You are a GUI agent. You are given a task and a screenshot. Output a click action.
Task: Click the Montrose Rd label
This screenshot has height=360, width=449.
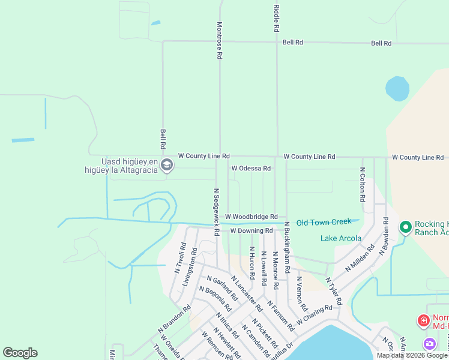220,40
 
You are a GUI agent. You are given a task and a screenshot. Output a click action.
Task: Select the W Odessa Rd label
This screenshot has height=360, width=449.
251,169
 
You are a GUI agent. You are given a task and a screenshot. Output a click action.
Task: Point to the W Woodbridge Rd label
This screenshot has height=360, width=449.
251,217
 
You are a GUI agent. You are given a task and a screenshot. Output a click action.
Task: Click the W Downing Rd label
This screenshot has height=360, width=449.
251,230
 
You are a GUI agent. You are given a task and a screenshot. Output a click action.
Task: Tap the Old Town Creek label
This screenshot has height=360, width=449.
324,222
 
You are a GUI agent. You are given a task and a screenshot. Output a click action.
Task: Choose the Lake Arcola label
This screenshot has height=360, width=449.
341,238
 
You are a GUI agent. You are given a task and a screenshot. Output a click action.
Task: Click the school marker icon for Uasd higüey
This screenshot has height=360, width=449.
167,165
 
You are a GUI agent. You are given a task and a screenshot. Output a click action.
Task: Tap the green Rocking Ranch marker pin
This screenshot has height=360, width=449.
406,227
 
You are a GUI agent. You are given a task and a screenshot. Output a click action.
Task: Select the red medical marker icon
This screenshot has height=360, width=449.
424,321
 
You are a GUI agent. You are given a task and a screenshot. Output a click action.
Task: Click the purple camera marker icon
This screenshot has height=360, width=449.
430,344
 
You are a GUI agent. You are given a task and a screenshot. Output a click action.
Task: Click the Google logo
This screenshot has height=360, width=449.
20,353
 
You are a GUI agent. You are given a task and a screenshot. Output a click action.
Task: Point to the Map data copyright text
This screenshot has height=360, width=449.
412,355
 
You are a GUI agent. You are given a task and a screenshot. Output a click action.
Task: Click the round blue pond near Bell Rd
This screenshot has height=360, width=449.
397,88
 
